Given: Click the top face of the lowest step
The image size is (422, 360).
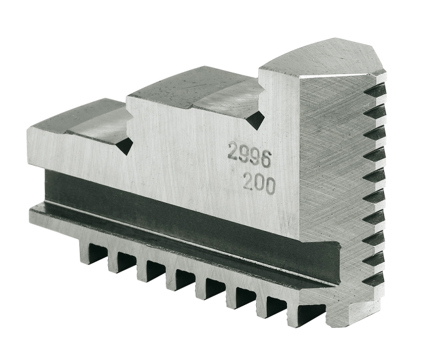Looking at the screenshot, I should point(72,118).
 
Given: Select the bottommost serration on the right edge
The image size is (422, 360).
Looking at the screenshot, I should point(375,280).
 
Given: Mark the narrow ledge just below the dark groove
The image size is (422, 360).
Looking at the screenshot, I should point(164,238).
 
